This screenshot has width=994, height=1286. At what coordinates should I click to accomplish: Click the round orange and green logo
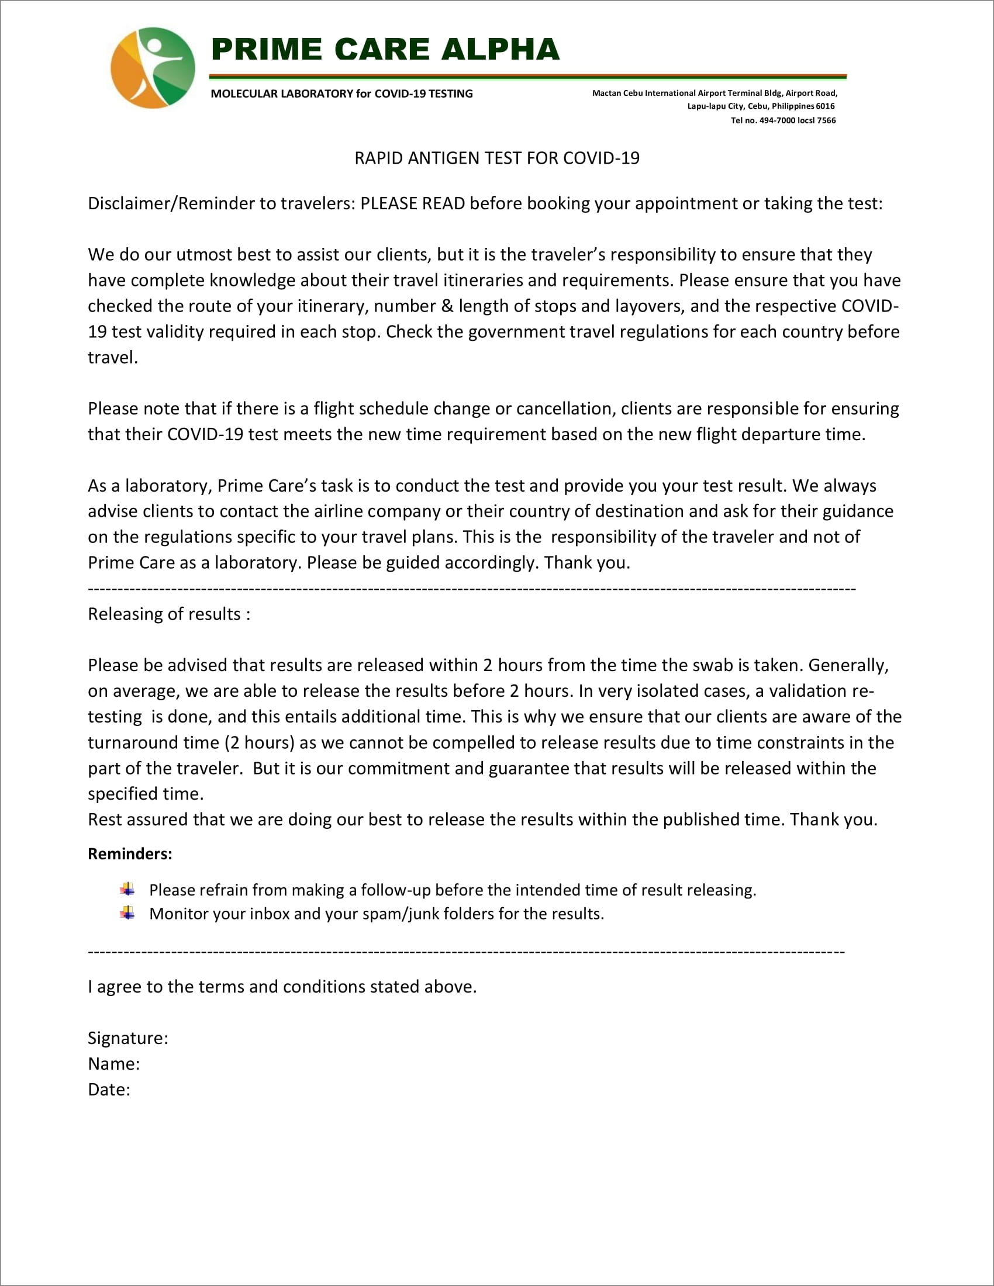click(153, 68)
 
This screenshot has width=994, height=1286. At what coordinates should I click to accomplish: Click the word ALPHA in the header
click(500, 50)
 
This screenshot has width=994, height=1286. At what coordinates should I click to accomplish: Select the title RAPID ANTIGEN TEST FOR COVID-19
click(496, 158)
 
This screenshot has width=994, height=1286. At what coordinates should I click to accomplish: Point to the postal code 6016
click(825, 106)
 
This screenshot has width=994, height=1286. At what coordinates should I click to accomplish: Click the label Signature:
click(128, 1038)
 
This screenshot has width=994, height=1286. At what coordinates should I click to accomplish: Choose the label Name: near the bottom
click(113, 1064)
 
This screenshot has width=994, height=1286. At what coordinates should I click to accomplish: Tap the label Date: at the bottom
click(109, 1090)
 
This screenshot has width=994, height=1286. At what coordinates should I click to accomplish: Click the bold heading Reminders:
click(130, 855)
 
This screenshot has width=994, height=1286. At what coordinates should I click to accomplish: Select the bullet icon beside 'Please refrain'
click(127, 889)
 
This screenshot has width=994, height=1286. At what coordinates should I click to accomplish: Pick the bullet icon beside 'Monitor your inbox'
click(127, 913)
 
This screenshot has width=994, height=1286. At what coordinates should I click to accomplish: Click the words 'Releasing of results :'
click(169, 614)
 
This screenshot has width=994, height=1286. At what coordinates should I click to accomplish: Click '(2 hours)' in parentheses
click(259, 742)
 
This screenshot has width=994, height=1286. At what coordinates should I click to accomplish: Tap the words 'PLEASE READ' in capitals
click(412, 204)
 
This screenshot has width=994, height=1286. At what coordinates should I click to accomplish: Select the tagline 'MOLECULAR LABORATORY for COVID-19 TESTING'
click(341, 94)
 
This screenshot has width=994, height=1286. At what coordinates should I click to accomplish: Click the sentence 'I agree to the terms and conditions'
click(282, 987)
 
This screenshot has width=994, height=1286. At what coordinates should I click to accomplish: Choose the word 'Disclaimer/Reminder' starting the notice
click(171, 204)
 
